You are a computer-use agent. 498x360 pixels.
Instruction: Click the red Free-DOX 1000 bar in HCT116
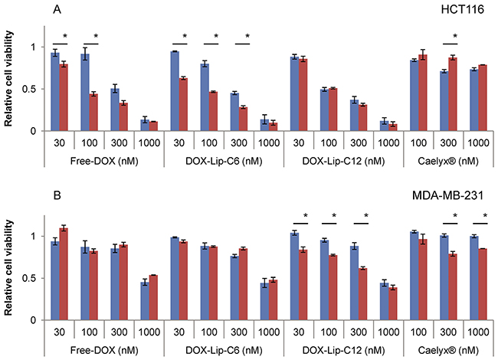tap(152, 126)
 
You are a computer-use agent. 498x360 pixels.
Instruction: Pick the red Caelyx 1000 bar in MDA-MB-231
tap(483, 284)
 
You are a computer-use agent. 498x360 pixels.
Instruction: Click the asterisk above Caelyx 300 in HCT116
tap(454, 36)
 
